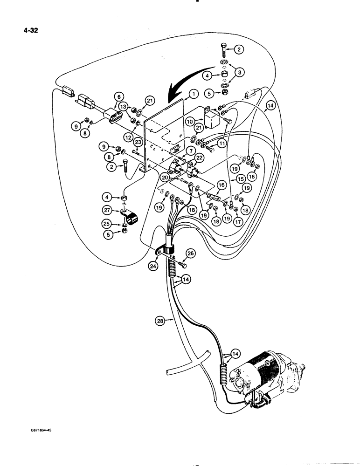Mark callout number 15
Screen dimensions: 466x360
click(241, 179)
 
